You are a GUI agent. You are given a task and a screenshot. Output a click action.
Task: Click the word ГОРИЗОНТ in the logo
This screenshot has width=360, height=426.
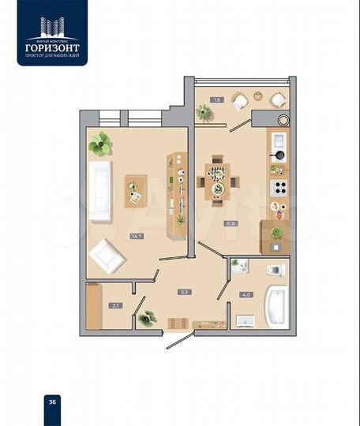[52, 47]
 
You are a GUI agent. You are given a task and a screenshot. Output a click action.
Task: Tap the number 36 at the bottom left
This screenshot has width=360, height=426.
[52, 401]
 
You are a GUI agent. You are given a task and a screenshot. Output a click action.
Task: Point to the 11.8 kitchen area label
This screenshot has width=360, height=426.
[231, 223]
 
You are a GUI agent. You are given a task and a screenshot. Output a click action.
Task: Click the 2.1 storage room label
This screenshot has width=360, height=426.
[115, 305]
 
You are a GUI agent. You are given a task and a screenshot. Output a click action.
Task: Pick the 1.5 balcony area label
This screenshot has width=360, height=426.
[216, 99]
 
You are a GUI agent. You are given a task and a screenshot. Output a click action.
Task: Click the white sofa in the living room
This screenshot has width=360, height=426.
[100, 191]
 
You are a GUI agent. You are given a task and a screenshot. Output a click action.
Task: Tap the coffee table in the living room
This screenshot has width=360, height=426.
[135, 190]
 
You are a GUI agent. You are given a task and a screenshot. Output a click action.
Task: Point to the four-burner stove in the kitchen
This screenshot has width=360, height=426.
[278, 187]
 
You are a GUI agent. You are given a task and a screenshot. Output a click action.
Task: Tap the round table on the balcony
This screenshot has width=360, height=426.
[257, 99]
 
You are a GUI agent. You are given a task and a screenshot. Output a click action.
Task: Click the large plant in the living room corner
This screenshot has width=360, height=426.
[100, 144]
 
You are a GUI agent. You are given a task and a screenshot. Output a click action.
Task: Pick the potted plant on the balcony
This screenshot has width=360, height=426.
[205, 113]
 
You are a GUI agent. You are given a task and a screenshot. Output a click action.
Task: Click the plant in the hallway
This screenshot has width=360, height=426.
[147, 318]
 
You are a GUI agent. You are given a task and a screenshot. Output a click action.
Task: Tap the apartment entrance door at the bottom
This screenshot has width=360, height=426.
[181, 340]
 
